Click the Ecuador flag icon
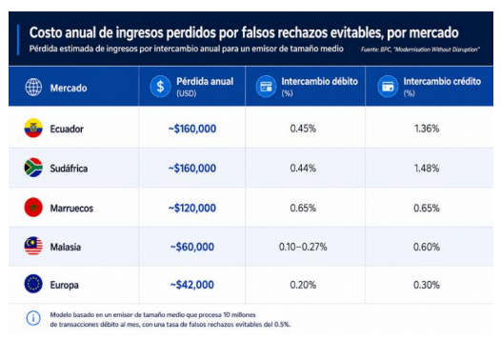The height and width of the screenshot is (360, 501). pos(33,128)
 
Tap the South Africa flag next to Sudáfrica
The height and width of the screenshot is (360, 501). pos(33,168)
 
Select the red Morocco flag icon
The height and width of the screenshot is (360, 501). pos(33,208)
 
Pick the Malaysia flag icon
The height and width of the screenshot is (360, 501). pos(33,246)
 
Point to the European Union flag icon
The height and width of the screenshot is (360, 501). pos(33,284)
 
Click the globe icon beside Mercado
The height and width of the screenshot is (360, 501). pos(33,87)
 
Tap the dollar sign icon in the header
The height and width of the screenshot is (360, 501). pos(160,87)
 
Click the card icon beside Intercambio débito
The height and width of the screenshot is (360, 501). pos(266,87)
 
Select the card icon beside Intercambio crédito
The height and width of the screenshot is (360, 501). pos(388,87)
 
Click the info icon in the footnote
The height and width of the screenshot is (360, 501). pos(33,318)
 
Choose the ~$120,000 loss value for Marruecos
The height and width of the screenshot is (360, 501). pos(192,208)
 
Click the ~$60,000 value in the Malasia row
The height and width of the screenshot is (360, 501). pos(192,247)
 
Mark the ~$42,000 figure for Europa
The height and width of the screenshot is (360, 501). pos(192,285)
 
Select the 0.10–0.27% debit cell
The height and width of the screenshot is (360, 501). pos(303,247)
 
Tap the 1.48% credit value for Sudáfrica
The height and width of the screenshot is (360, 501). pos(427,168)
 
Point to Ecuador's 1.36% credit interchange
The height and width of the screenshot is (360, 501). pos(427,129)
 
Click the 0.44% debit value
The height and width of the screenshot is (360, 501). pos(303,168)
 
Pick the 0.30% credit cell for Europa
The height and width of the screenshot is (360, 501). pos(427,285)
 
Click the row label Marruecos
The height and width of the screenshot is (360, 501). pos(71,209)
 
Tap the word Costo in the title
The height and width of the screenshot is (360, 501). pos(46,32)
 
